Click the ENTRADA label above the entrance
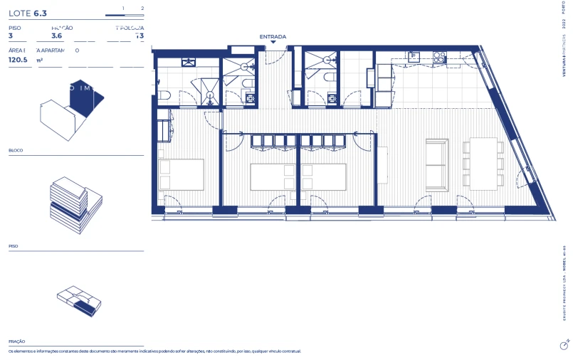click(273, 36)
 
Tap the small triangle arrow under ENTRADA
click(273, 43)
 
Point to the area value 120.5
click(18, 60)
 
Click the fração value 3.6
click(57, 36)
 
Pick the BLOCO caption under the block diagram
click(16, 151)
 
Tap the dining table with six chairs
click(484, 164)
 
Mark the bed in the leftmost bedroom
click(181, 174)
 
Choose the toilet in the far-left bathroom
click(163, 95)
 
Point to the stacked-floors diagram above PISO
click(69, 205)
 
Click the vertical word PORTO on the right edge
click(564, 14)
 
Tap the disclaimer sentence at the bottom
click(154, 351)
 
